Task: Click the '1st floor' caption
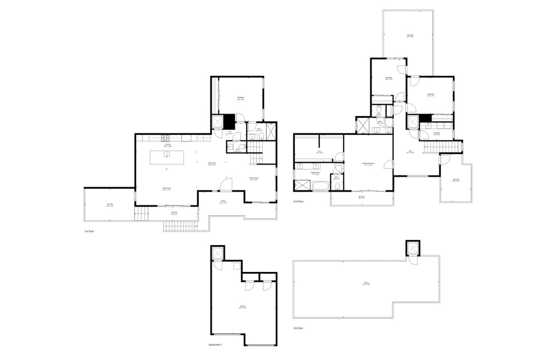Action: pyautogui.click(x=89, y=232)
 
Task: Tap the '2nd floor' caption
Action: pyautogui.click(x=298, y=201)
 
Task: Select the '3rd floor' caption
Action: pyautogui.click(x=298, y=328)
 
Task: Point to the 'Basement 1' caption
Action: pyautogui.click(x=215, y=345)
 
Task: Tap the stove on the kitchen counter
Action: pyautogui.click(x=166, y=138)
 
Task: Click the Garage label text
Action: pyautogui.click(x=243, y=308)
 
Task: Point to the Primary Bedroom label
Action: pyautogui.click(x=368, y=164)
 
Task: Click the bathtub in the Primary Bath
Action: pyautogui.click(x=320, y=187)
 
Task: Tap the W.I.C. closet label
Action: pyautogui.click(x=319, y=151)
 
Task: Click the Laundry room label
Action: pyautogui.click(x=437, y=134)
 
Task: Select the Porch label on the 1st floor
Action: pyautogui.click(x=223, y=201)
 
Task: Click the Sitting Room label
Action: pyautogui.click(x=254, y=179)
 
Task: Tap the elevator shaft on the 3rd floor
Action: pyautogui.click(x=412, y=247)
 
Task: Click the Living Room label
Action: pyautogui.click(x=166, y=189)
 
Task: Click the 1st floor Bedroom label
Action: pyautogui.click(x=240, y=98)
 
